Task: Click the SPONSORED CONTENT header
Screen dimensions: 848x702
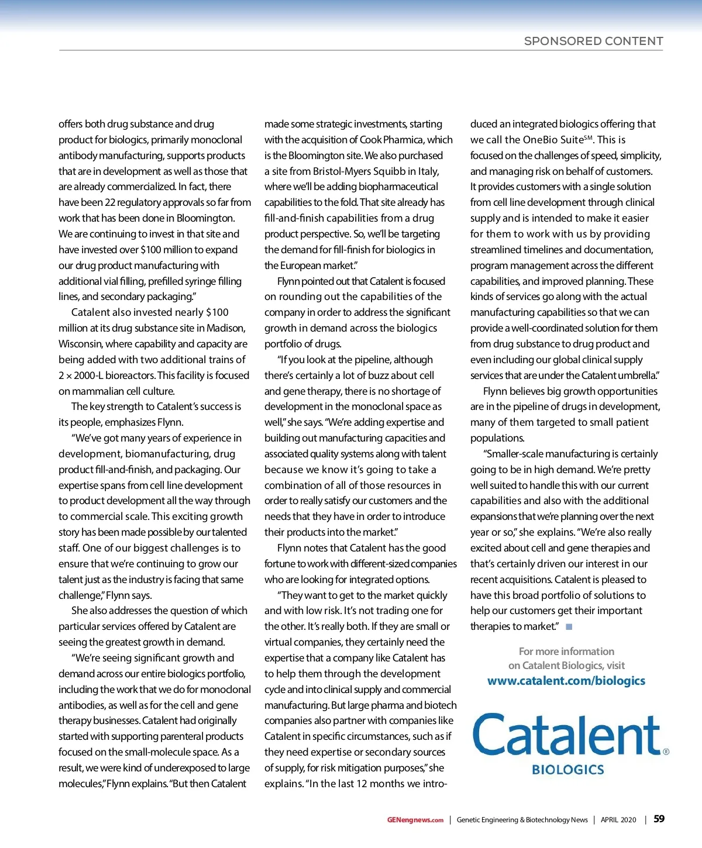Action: (593, 41)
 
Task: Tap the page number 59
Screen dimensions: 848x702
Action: (659, 819)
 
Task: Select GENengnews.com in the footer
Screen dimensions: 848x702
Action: (415, 820)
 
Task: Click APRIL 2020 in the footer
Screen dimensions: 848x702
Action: (618, 820)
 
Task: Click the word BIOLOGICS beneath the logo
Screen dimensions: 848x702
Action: (567, 770)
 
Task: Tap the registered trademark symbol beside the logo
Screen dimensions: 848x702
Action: (666, 752)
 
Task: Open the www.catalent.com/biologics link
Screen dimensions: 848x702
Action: (566, 681)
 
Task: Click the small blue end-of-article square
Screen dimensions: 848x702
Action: (569, 626)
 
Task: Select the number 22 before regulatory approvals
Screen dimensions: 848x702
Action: (110, 202)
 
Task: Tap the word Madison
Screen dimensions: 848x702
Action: (226, 328)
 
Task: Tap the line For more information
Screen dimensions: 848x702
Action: (566, 651)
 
